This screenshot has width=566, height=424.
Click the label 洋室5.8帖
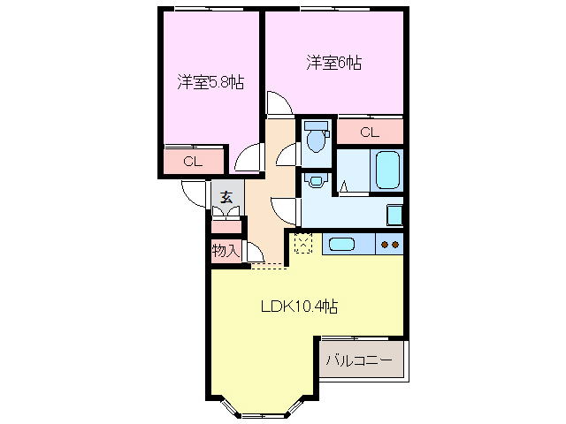210,82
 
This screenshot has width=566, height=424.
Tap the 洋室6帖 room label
334,63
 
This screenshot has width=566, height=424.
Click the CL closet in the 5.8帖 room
192,162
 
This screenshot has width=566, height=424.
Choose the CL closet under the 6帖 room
369,132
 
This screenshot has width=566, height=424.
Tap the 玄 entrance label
226,197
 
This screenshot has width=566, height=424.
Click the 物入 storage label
226,251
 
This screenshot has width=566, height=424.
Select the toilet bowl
315,139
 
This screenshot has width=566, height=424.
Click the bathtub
389,170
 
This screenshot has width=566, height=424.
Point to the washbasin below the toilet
315,179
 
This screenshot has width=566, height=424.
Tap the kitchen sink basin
342,244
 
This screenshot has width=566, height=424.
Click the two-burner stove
390,244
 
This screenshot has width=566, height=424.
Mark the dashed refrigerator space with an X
303,243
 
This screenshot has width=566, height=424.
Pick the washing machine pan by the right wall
395,215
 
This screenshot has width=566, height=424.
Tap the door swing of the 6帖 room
278,104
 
